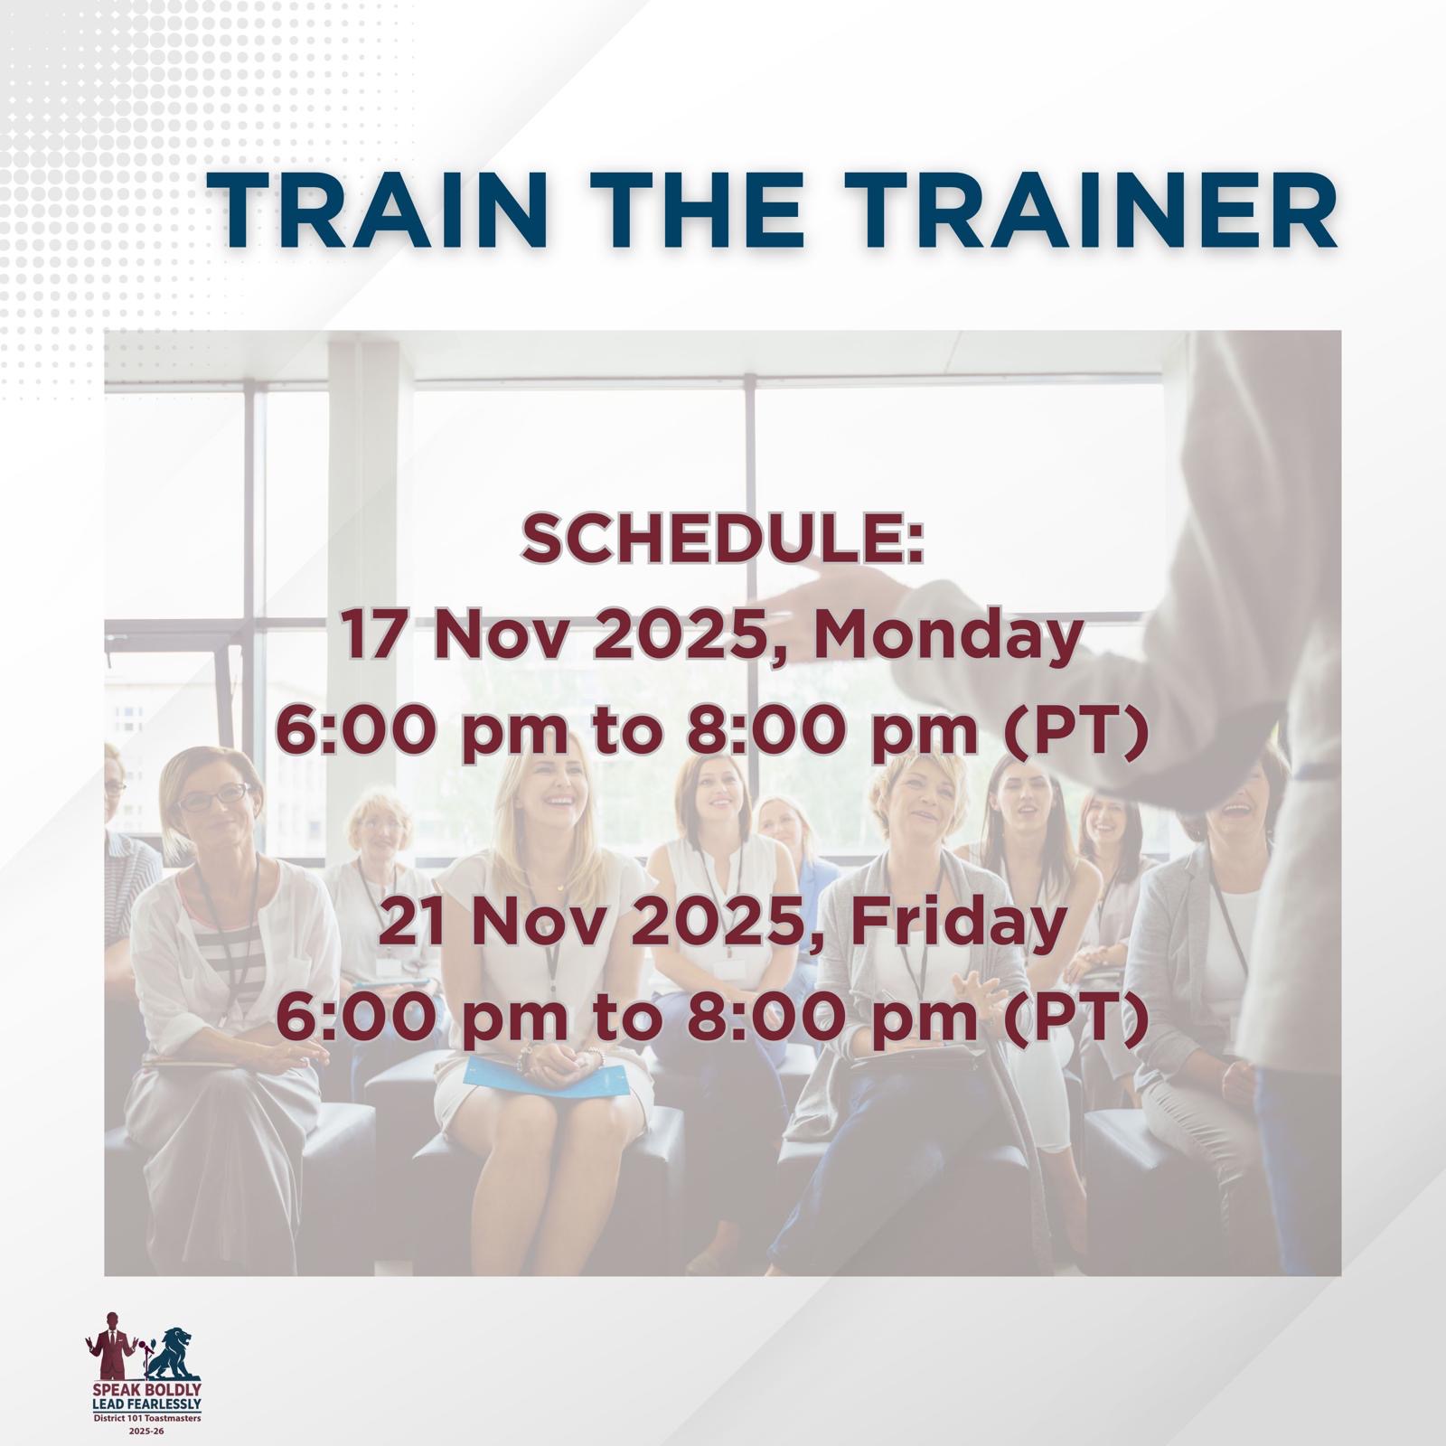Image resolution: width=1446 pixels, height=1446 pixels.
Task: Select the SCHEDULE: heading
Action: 723,542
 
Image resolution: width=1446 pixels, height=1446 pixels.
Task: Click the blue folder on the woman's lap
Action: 546,1077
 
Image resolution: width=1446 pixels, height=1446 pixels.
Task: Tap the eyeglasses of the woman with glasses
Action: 213,798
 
